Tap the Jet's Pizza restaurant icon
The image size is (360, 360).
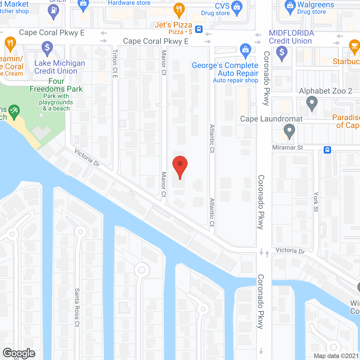(x=179, y=9)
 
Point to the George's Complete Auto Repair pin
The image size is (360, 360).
(x=246, y=50)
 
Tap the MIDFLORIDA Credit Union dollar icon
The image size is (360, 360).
(x=282, y=53)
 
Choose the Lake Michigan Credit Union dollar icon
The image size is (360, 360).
(x=47, y=48)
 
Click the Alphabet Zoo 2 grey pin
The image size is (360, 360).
(x=312, y=103)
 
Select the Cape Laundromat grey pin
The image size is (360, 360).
(x=289, y=131)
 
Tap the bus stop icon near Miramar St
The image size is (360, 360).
(x=327, y=150)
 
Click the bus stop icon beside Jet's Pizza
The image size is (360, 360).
(x=199, y=29)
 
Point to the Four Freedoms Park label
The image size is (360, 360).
(x=56, y=85)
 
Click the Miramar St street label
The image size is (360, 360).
(x=287, y=147)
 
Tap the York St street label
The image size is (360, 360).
(x=316, y=202)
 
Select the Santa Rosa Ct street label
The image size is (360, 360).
(x=77, y=307)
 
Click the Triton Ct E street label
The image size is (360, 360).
(x=115, y=64)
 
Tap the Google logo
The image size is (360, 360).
(x=19, y=353)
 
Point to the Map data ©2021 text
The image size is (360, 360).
(x=336, y=356)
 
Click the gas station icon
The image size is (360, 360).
(x=53, y=11)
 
